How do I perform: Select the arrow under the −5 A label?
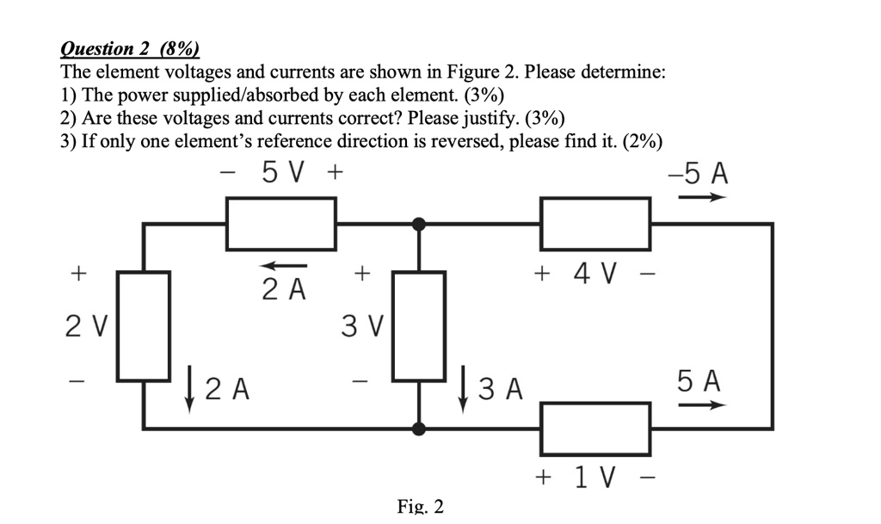701,197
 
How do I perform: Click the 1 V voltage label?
594,476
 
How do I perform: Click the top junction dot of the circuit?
419,225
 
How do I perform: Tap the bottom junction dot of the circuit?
419,427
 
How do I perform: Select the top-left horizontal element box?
281,224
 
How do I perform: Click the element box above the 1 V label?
595,427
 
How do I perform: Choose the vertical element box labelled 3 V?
419,326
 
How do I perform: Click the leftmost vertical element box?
144,326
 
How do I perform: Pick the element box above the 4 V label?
595,224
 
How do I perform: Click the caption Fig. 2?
421,506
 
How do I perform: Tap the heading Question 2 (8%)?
129,49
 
